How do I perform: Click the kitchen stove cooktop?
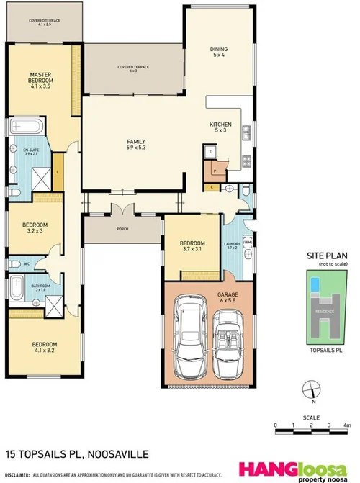[246, 160]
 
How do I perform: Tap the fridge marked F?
[210, 153]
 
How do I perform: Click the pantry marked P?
[214, 171]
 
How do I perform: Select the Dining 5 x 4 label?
[218, 52]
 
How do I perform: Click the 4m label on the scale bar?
[346, 426]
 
